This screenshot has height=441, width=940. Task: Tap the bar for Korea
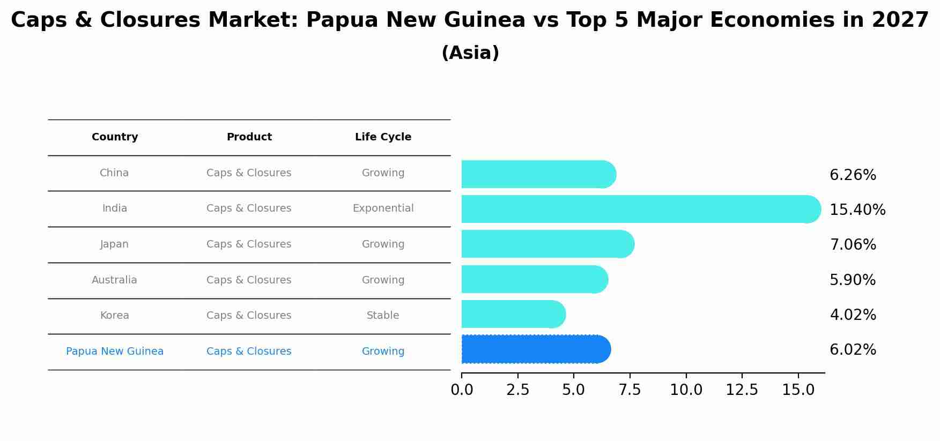[x=513, y=314]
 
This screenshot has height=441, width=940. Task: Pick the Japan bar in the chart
[x=547, y=244]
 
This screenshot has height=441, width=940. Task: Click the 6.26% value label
[x=853, y=175]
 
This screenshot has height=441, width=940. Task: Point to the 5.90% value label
[x=852, y=280]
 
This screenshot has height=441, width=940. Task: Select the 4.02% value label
[x=853, y=315]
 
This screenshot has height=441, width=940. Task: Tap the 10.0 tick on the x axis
[x=686, y=390]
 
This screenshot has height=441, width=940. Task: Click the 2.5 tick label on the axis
[x=517, y=390]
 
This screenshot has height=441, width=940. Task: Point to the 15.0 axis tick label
[x=798, y=390]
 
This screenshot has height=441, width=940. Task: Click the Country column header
[x=115, y=137]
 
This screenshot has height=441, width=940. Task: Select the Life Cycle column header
[x=383, y=137]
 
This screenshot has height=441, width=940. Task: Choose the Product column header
[x=249, y=137]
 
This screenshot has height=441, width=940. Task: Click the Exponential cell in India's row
[x=383, y=208]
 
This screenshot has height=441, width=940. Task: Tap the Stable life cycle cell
[x=383, y=316]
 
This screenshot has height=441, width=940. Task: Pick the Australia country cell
[x=114, y=280]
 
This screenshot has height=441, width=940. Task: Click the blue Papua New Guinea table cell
[x=115, y=352]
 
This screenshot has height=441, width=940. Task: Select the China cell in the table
[x=114, y=173]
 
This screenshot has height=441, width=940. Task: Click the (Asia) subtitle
[x=470, y=53]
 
